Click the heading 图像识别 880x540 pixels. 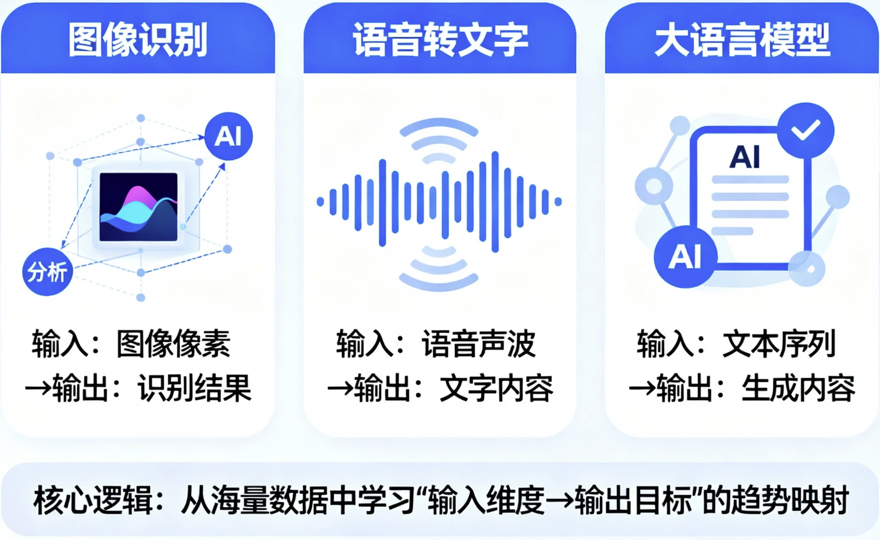tap(137, 40)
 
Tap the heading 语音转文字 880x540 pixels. tap(440, 40)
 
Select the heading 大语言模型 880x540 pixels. tap(741, 40)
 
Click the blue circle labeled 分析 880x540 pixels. tap(47, 272)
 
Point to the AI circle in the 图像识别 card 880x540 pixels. tap(228, 136)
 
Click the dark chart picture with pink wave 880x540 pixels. tap(139, 207)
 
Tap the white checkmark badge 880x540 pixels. tap(805, 130)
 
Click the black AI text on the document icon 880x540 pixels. tap(745, 157)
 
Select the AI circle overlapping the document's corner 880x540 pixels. tap(685, 257)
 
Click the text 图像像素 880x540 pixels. tap(173, 344)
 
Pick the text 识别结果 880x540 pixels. tap(194, 388)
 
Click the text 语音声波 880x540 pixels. tap(478, 344)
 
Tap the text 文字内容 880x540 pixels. tap(496, 388)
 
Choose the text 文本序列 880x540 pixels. tap(779, 344)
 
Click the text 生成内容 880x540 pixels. tap(798, 388)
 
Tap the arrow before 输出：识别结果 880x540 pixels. tap(38, 389)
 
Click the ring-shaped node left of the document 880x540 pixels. tap(654, 186)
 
